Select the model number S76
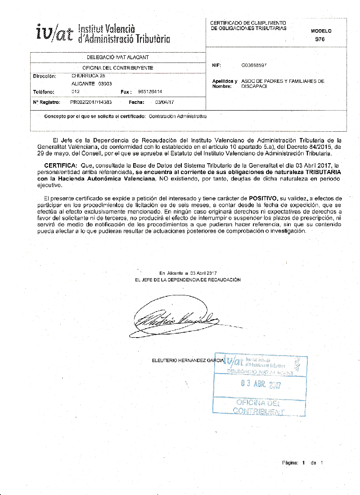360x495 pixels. pyautogui.click(x=320, y=39)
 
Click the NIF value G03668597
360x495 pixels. pyautogui.click(x=254, y=65)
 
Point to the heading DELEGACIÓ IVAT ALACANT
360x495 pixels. pyautogui.click(x=117, y=58)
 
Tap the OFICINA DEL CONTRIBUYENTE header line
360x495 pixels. pyautogui.click(x=117, y=68)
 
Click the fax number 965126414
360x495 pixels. pyautogui.click(x=150, y=92)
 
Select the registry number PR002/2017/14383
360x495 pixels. pyautogui.click(x=91, y=103)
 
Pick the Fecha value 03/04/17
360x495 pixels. pyautogui.click(x=164, y=103)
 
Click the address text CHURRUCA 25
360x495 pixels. pyautogui.click(x=89, y=76)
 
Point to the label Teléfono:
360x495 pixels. pyautogui.click(x=44, y=92)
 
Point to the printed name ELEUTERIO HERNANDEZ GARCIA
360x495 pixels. pyautogui.click(x=188, y=361)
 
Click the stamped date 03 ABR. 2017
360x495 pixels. pyautogui.click(x=261, y=384)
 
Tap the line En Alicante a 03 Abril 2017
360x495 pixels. pyautogui.click(x=188, y=273)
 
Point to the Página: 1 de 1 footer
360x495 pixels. pyautogui.click(x=302, y=463)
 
